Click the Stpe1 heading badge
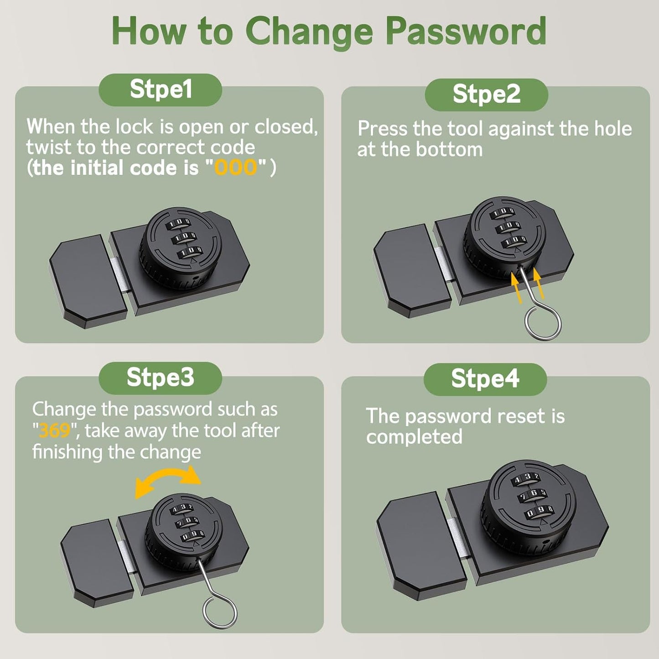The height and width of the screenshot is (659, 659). pyautogui.click(x=161, y=89)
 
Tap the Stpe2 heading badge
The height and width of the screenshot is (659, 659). pyautogui.click(x=486, y=94)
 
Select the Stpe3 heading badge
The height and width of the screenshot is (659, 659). pyautogui.click(x=161, y=378)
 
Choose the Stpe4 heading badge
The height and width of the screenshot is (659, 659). pyautogui.click(x=485, y=379)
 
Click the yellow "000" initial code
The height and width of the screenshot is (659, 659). pyautogui.click(x=236, y=168)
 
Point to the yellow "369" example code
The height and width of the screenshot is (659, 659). pyautogui.click(x=54, y=431)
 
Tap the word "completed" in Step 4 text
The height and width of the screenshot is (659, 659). pyautogui.click(x=414, y=437)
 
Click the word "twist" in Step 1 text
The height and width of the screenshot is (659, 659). pyautogui.click(x=48, y=147)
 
